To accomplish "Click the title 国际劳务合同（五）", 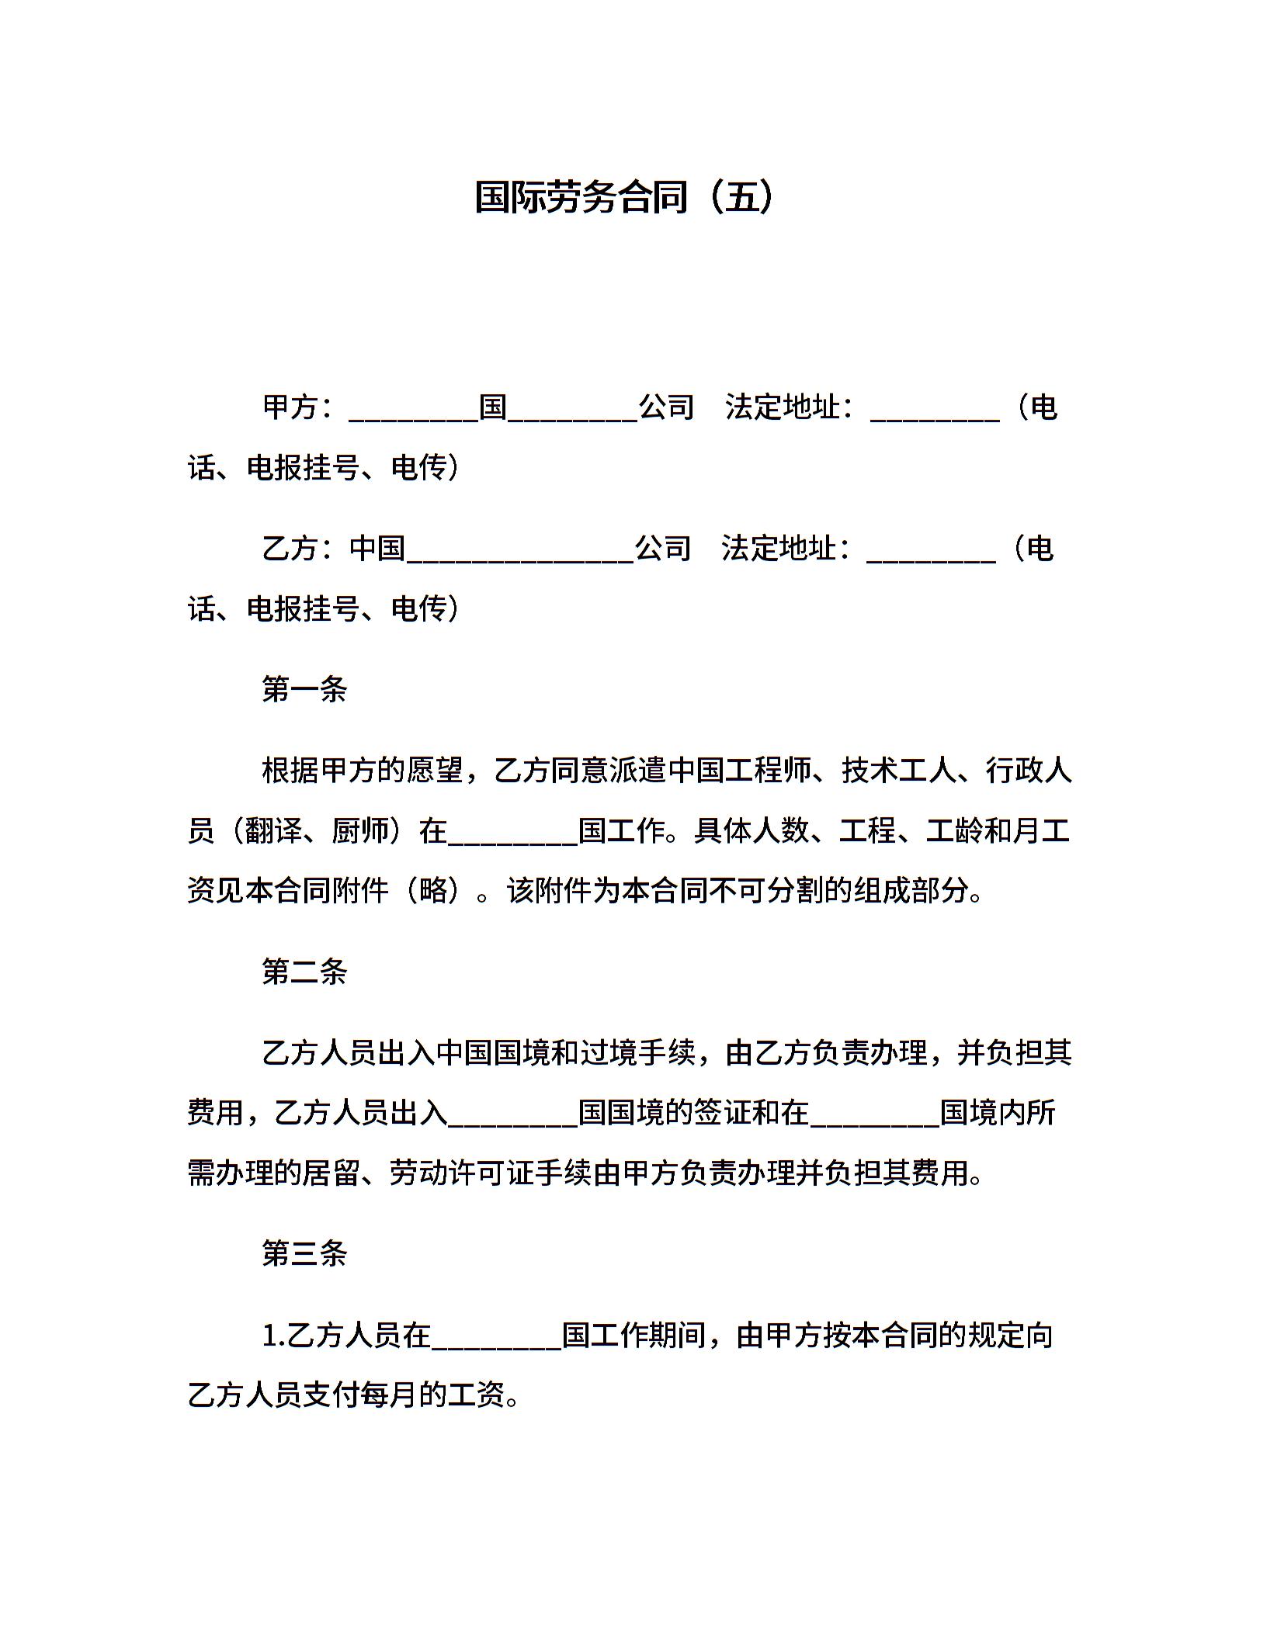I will click(625, 197).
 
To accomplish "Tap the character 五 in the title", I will click(742, 197).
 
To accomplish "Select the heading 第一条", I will click(304, 689).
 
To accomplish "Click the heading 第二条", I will click(304, 972).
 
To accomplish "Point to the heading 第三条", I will click(304, 1253).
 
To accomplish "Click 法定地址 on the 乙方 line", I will click(779, 549).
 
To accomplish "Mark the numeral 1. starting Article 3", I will click(274, 1336).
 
